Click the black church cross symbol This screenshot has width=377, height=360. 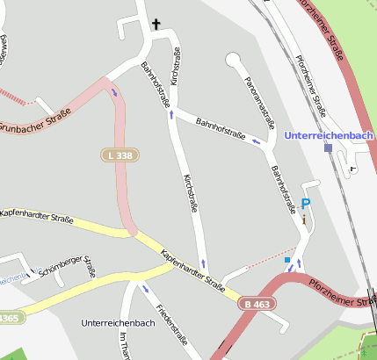pos(157,24)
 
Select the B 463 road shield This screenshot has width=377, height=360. pos(257,304)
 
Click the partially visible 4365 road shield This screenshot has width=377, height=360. pos(8,318)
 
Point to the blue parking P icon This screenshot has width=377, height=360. pos(306,204)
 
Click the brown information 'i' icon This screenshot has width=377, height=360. pos(304,219)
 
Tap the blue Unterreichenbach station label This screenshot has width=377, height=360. pos(329,135)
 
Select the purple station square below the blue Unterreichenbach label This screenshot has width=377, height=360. pos(328,148)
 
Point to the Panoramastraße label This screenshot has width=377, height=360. pos(260,99)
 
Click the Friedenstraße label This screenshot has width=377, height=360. pos(172,324)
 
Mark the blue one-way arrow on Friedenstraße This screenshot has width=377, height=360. pos(145,289)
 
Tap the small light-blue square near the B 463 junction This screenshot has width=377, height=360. pos(287,260)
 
